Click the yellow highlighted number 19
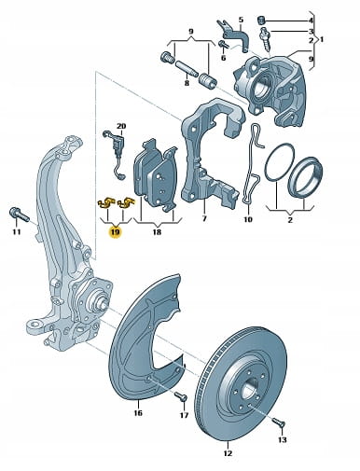click(x=115, y=232)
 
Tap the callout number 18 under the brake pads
click(x=157, y=232)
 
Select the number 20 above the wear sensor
click(x=121, y=126)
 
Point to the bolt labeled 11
click(x=20, y=214)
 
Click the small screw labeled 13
click(x=278, y=423)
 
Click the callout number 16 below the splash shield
click(x=138, y=413)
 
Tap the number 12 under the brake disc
click(x=228, y=453)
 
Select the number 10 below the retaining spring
click(x=248, y=219)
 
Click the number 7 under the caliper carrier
click(x=204, y=218)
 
